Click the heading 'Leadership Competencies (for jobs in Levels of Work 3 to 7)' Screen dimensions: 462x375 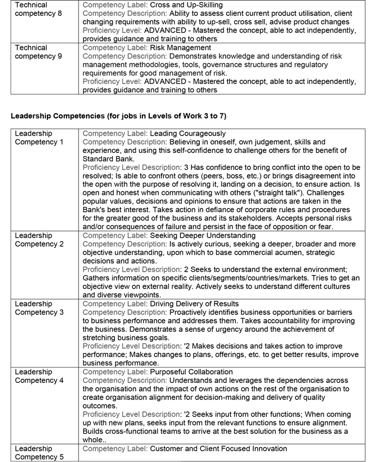click(x=119, y=115)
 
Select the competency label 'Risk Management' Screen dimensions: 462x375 click(x=180, y=47)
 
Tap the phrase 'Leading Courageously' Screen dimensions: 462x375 click(x=188, y=133)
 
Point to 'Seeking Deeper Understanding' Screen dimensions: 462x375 click(x=203, y=235)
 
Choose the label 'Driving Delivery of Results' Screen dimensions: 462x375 click(x=195, y=304)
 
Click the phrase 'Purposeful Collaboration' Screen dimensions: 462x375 click(x=191, y=372)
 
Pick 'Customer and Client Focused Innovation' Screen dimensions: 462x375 click(x=218, y=448)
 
